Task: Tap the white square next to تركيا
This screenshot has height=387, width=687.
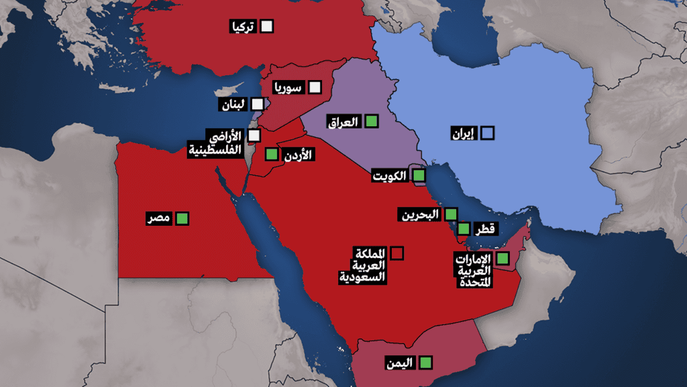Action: point(267,26)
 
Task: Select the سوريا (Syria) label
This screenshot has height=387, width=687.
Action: point(289,88)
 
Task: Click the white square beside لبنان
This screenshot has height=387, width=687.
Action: point(258,104)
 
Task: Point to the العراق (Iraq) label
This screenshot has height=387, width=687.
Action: point(343,122)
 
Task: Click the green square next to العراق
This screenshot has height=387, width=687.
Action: point(371,121)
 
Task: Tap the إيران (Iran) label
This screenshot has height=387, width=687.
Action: point(463,133)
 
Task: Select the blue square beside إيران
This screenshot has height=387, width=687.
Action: point(487,133)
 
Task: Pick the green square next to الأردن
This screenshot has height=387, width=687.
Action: point(272,155)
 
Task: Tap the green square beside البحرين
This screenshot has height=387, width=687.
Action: point(451,214)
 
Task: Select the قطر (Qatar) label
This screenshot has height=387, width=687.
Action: point(485,230)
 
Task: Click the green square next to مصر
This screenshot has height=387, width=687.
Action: point(182,218)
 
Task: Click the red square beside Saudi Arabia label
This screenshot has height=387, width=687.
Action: point(397,253)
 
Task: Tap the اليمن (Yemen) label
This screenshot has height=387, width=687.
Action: point(400,363)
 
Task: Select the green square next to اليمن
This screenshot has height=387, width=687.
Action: point(426,362)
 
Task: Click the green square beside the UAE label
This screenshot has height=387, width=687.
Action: point(502,259)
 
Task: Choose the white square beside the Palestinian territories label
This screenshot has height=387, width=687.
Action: point(254,136)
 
